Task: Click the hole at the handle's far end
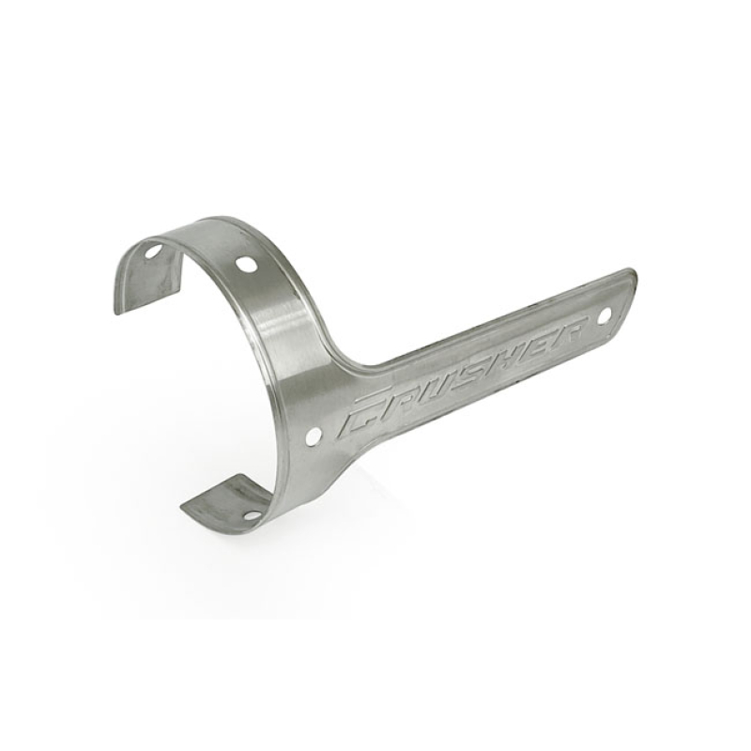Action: click(603, 314)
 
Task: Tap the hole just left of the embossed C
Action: click(314, 436)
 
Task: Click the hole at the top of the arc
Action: click(246, 265)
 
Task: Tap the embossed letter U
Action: click(437, 385)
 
